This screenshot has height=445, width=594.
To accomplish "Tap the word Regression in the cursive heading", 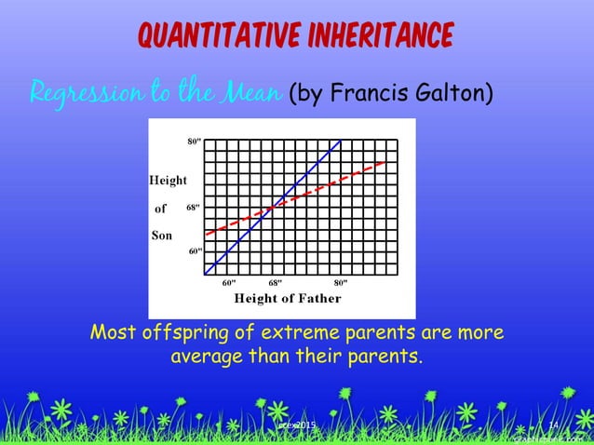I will point(79,94).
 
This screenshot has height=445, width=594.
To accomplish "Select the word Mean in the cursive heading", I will point(250,93).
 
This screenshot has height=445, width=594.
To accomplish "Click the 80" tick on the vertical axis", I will point(193,142).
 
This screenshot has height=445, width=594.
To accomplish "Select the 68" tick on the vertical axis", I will point(193,207).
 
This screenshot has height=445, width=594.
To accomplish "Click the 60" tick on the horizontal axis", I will point(228,281).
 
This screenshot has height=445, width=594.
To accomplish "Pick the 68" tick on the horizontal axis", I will point(274,281).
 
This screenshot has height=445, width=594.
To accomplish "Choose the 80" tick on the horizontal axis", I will point(341,281).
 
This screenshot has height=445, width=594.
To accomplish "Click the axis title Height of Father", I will point(287,299).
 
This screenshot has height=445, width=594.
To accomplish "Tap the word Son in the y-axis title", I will point(162,236).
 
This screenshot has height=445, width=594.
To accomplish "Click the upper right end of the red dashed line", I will point(385,163).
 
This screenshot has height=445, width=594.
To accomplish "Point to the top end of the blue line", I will point(341,141).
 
